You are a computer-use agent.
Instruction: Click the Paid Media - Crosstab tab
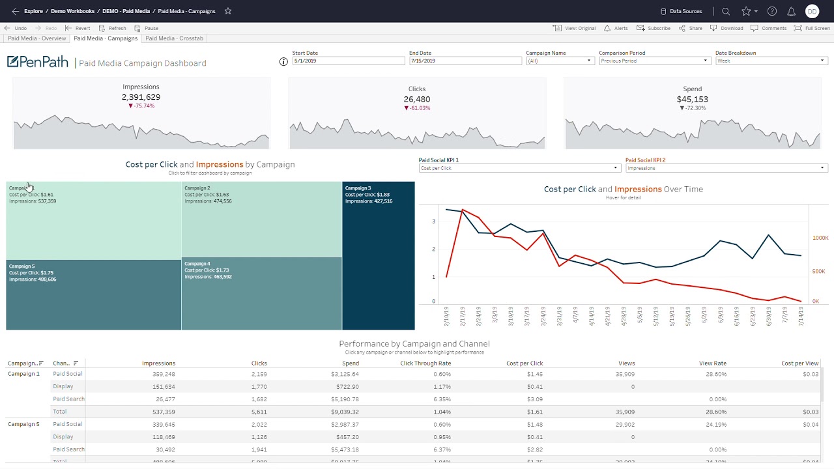point(174,38)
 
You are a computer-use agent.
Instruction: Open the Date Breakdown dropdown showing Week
point(771,61)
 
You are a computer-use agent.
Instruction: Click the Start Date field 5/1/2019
point(349,61)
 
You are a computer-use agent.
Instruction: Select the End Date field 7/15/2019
point(465,61)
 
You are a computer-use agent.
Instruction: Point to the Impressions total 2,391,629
point(141,97)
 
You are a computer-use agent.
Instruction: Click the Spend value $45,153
point(692,99)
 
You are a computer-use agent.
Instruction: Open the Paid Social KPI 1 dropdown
point(519,168)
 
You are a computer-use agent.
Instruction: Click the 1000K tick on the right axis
point(820,238)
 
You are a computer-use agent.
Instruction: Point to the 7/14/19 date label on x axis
point(801,317)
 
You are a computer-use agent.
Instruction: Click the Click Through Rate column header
point(425,363)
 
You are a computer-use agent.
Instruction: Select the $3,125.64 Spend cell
point(345,374)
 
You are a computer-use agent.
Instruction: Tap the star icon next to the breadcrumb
point(228,11)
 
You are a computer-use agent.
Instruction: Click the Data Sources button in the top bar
point(681,11)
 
